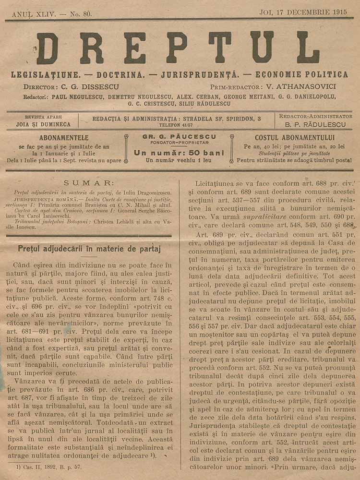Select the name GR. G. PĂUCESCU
(x=179, y=136)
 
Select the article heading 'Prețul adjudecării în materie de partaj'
(x=89, y=249)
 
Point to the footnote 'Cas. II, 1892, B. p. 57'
(x=46, y=467)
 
